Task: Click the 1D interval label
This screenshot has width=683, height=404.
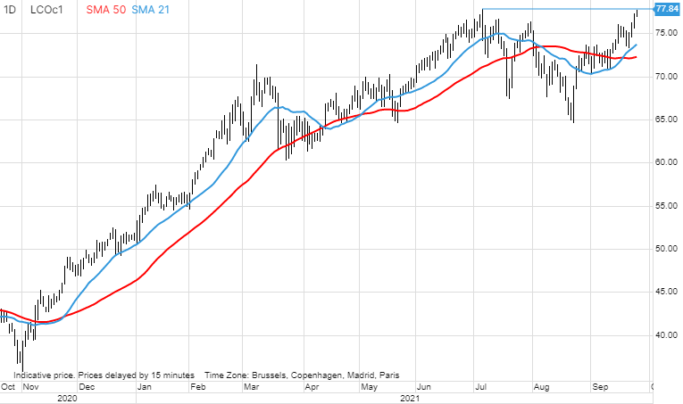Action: pyautogui.click(x=10, y=9)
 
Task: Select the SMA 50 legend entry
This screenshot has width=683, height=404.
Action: pyautogui.click(x=107, y=9)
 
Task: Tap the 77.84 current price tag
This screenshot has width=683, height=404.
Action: pyautogui.click(x=667, y=9)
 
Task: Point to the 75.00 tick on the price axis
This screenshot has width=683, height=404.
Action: pyautogui.click(x=667, y=33)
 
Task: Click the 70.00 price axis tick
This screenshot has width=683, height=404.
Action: pyautogui.click(x=667, y=77)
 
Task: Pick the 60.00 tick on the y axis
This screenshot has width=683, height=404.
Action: pyautogui.click(x=667, y=163)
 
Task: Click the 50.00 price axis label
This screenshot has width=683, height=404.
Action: pyautogui.click(x=667, y=249)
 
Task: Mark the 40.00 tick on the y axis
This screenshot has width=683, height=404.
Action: pyautogui.click(x=667, y=335)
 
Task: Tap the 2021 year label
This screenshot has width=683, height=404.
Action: pyautogui.click(x=409, y=399)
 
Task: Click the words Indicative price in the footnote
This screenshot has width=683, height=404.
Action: pyautogui.click(x=44, y=375)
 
